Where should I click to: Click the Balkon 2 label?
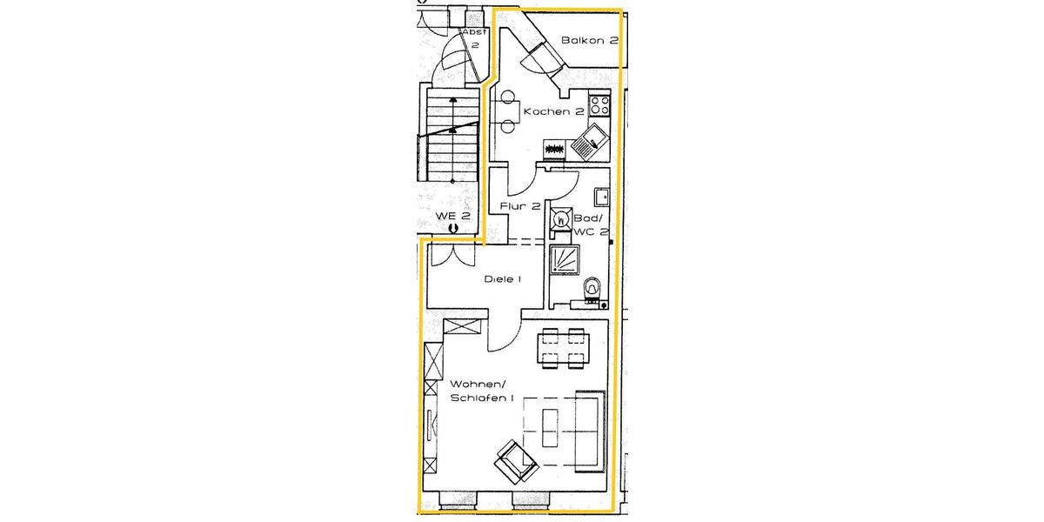[x=589, y=40]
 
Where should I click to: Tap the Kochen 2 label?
[x=553, y=112]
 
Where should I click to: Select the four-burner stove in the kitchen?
[x=599, y=106]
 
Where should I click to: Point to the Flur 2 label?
[x=520, y=206]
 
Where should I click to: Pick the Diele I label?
[x=502, y=279]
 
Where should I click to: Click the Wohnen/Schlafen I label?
[x=482, y=391]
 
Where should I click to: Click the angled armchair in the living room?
[x=515, y=462]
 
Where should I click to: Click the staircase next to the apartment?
[x=452, y=130]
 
